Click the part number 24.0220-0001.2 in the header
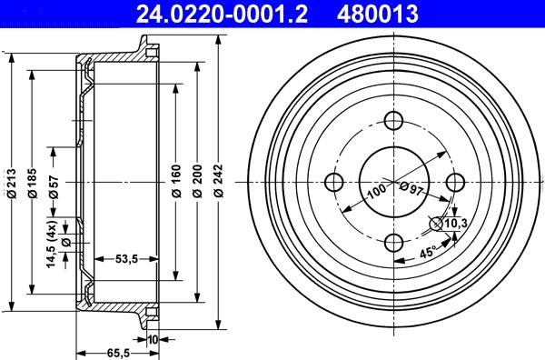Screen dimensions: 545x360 point(222,15)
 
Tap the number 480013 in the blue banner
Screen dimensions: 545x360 point(378,15)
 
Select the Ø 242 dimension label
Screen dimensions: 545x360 point(219,181)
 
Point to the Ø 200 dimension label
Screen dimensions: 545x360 point(197,181)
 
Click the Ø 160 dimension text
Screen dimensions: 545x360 point(176,181)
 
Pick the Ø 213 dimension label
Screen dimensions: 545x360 point(12,184)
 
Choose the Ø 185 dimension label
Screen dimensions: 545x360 point(33,184)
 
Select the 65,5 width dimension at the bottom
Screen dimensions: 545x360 point(118,354)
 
